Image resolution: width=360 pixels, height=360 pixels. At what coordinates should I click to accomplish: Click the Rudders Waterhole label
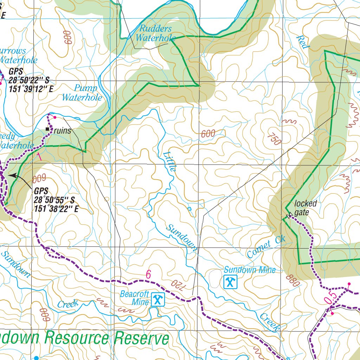(x=154, y=33)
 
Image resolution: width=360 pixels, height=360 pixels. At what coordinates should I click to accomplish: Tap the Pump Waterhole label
(x=82, y=93)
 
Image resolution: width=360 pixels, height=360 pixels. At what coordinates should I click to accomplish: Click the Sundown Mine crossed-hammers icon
(x=230, y=281)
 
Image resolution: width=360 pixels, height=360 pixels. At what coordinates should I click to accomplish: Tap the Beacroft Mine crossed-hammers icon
(x=157, y=300)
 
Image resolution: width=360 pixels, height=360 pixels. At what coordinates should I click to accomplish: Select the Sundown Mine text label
(x=250, y=270)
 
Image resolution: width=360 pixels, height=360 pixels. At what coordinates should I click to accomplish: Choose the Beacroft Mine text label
(x=135, y=298)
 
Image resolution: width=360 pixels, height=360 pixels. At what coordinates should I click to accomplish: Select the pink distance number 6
(x=148, y=275)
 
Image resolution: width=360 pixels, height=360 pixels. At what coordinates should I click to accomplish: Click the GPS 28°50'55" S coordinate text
(x=54, y=200)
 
